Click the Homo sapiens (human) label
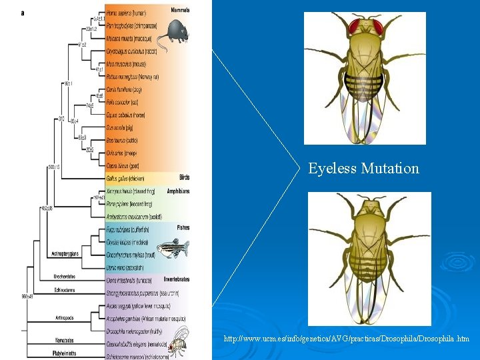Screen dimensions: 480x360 coord(127,13)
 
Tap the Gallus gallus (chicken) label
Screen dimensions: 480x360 coord(125,178)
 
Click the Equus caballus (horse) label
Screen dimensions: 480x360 coord(127,115)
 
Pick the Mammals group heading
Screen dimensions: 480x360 coord(180,11)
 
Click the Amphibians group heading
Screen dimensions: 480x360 coord(178,191)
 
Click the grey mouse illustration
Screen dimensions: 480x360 coord(177,31)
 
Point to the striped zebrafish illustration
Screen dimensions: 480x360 coord(175,248)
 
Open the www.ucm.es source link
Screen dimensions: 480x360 coord(347,339)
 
